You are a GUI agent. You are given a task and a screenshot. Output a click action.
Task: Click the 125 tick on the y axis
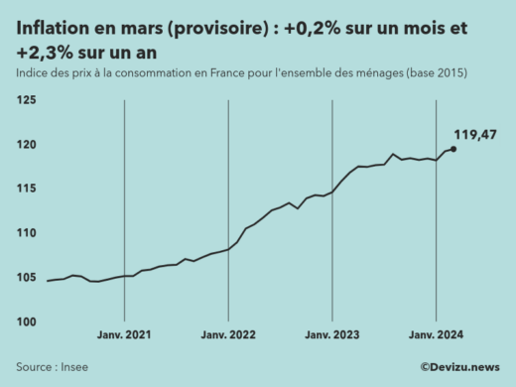pos(27,100)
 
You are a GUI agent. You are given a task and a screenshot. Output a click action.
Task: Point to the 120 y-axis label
pos(27,145)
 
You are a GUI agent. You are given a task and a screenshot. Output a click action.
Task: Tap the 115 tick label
pos(27,189)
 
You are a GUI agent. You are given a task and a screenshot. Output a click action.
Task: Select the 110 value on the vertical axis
pos(27,233)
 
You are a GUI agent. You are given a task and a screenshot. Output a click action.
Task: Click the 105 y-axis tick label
pos(27,277)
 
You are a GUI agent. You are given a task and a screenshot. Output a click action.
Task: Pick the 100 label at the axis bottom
pos(27,322)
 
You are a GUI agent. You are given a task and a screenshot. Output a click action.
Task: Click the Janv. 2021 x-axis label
pos(124,336)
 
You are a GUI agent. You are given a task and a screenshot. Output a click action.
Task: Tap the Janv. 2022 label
pos(228,336)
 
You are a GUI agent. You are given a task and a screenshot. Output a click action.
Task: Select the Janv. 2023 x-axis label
pos(332,336)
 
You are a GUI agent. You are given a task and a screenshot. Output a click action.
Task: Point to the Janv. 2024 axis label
pos(437,336)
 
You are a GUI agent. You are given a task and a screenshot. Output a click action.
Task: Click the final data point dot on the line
pos(453,149)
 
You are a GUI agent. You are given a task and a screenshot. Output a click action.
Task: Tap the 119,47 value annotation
pos(475,135)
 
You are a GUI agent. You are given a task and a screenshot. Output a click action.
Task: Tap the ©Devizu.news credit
pos(459,366)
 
